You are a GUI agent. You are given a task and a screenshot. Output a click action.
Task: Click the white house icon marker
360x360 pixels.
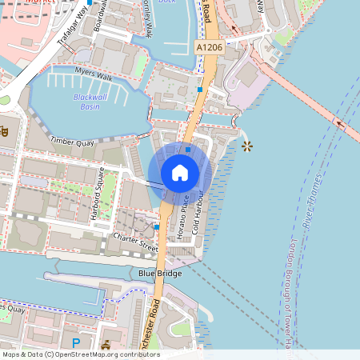pos(180,173)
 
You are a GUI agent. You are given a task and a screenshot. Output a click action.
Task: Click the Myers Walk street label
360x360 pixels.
pos(94,77)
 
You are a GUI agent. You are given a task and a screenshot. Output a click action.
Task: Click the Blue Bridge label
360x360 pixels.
pos(159,273)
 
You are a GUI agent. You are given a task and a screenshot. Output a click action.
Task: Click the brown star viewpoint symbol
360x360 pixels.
pos(246,146)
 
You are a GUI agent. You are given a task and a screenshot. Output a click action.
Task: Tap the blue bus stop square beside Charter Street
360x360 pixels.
pos(157,227)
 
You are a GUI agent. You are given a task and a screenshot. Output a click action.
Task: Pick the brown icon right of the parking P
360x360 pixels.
pos(106,345)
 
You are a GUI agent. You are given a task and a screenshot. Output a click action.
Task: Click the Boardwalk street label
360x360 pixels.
pos(100,16)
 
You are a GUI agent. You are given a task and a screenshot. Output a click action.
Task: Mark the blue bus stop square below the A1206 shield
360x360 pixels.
pos(200,90)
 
